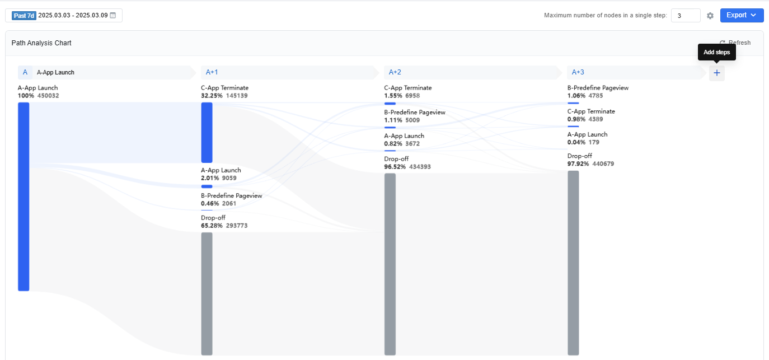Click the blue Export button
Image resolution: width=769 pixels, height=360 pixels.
click(x=742, y=16)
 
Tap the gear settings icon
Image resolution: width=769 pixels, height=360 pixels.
click(x=710, y=16)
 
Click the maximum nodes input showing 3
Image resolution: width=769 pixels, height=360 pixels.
click(x=686, y=16)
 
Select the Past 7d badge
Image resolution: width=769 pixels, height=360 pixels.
click(x=24, y=16)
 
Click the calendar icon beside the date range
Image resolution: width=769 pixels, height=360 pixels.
click(x=113, y=16)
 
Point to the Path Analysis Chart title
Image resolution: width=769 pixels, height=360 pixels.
click(x=41, y=43)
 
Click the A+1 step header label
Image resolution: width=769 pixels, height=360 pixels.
click(x=212, y=72)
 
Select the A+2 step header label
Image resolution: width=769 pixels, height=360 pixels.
click(x=395, y=72)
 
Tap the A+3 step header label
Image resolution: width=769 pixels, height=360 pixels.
click(x=578, y=72)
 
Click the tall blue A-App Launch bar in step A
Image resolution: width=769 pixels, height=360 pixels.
click(x=24, y=197)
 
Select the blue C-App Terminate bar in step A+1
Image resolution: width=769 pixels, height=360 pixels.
click(x=207, y=133)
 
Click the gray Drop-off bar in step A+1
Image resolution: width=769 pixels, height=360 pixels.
click(x=207, y=294)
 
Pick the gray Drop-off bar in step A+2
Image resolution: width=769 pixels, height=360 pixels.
click(x=390, y=264)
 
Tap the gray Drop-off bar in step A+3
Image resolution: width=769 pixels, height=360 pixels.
click(x=573, y=263)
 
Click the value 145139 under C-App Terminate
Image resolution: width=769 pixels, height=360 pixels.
click(x=237, y=96)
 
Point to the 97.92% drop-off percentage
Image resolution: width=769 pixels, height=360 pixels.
click(x=578, y=164)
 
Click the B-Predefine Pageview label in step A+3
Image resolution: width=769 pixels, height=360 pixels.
click(x=598, y=88)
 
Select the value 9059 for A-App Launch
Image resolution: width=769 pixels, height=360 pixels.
click(x=229, y=178)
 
